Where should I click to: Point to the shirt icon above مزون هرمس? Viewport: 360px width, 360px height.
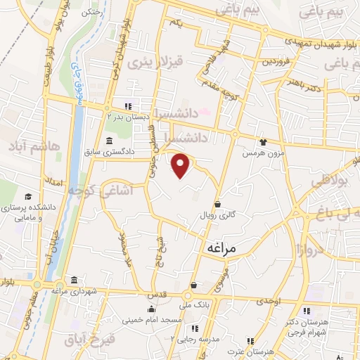[263, 141]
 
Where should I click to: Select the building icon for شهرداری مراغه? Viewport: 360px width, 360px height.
[74, 278]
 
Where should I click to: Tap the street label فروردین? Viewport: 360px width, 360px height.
[276, 61]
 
